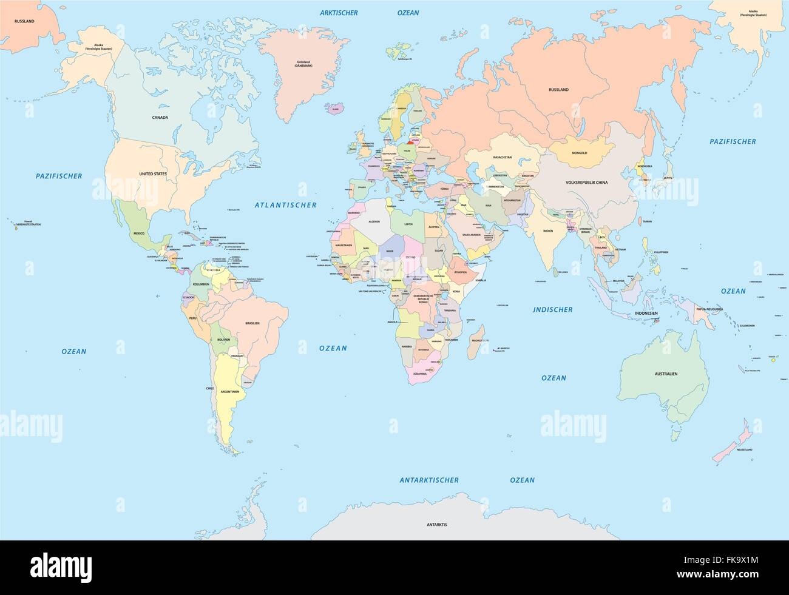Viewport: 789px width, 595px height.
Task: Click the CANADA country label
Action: coord(160,118)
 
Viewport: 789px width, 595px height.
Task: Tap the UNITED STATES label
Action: coord(153,174)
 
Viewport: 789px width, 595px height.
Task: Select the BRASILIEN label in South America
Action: coord(252,323)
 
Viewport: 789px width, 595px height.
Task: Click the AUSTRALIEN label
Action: coord(666,374)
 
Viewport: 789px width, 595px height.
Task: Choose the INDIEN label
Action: coord(548,231)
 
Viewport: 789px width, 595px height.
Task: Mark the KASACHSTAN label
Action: coord(503,157)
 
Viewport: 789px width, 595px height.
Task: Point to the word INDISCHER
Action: coord(552,309)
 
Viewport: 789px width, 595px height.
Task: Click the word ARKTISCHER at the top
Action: coord(339,12)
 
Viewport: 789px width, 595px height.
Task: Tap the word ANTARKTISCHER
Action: coord(429,480)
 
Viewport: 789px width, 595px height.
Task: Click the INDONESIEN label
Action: coord(646,313)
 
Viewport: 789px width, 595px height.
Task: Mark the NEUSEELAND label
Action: coord(743,449)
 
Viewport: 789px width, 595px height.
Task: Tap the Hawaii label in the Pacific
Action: coord(28,222)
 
